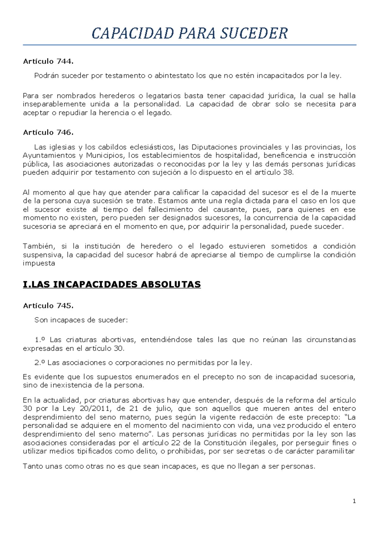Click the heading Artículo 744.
(48, 62)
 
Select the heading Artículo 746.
(48, 133)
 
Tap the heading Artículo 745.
(48, 306)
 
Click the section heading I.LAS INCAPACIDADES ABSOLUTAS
(112, 285)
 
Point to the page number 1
(354, 501)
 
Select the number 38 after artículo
(288, 173)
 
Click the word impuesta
(39, 263)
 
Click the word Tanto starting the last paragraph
(31, 466)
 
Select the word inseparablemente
(54, 104)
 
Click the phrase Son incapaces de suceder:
(81, 320)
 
